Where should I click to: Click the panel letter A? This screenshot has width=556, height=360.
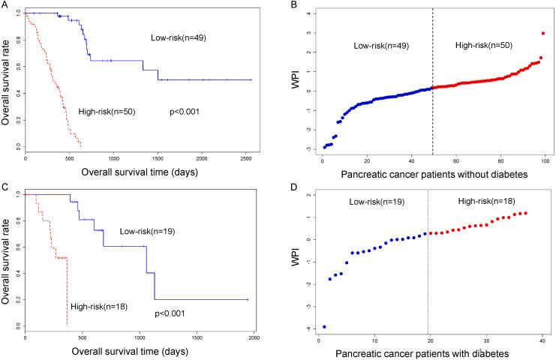[x=5, y=4]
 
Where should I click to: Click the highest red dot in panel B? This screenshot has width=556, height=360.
[x=542, y=33]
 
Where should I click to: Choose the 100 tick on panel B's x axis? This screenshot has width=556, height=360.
[x=545, y=159]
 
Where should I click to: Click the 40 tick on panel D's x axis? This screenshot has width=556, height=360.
[x=541, y=340]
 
